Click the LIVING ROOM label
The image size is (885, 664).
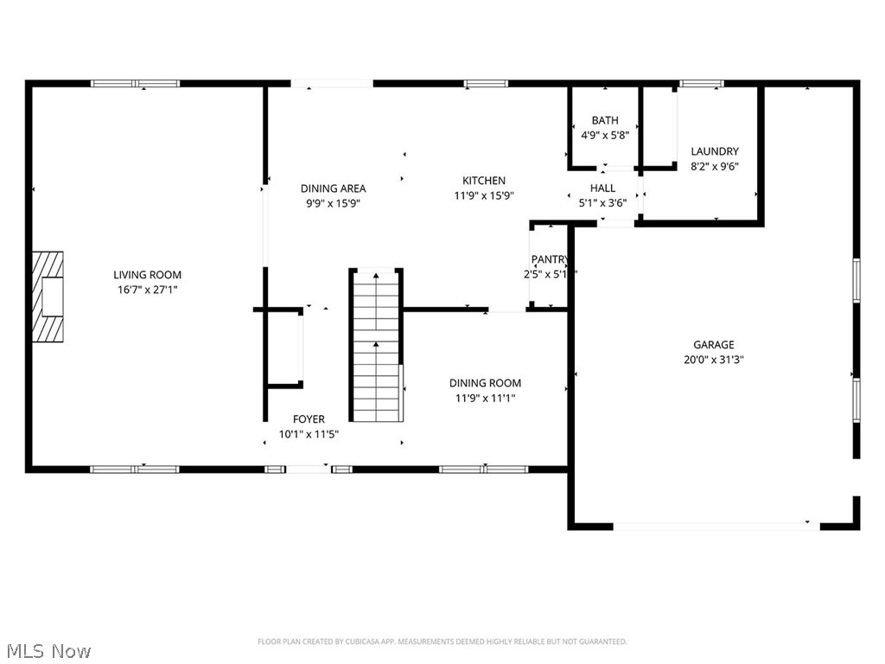click(148, 275)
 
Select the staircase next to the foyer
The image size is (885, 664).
click(376, 346)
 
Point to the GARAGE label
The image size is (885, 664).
click(713, 343)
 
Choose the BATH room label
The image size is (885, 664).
click(604, 120)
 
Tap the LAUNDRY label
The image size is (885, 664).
click(715, 151)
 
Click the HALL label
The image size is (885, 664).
click(602, 188)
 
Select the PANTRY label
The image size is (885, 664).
click(549, 259)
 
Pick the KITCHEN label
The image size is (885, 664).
click(484, 181)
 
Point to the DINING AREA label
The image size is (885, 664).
click(333, 188)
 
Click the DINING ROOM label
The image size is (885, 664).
click(485, 383)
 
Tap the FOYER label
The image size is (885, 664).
click(309, 419)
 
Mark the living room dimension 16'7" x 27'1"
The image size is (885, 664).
click(148, 290)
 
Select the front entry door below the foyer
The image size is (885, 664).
click(309, 469)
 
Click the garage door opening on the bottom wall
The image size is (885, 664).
click(716, 525)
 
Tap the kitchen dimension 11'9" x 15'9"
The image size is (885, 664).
click(484, 195)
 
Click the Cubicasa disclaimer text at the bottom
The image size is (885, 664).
click(442, 642)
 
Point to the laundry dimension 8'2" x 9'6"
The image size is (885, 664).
click(715, 166)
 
